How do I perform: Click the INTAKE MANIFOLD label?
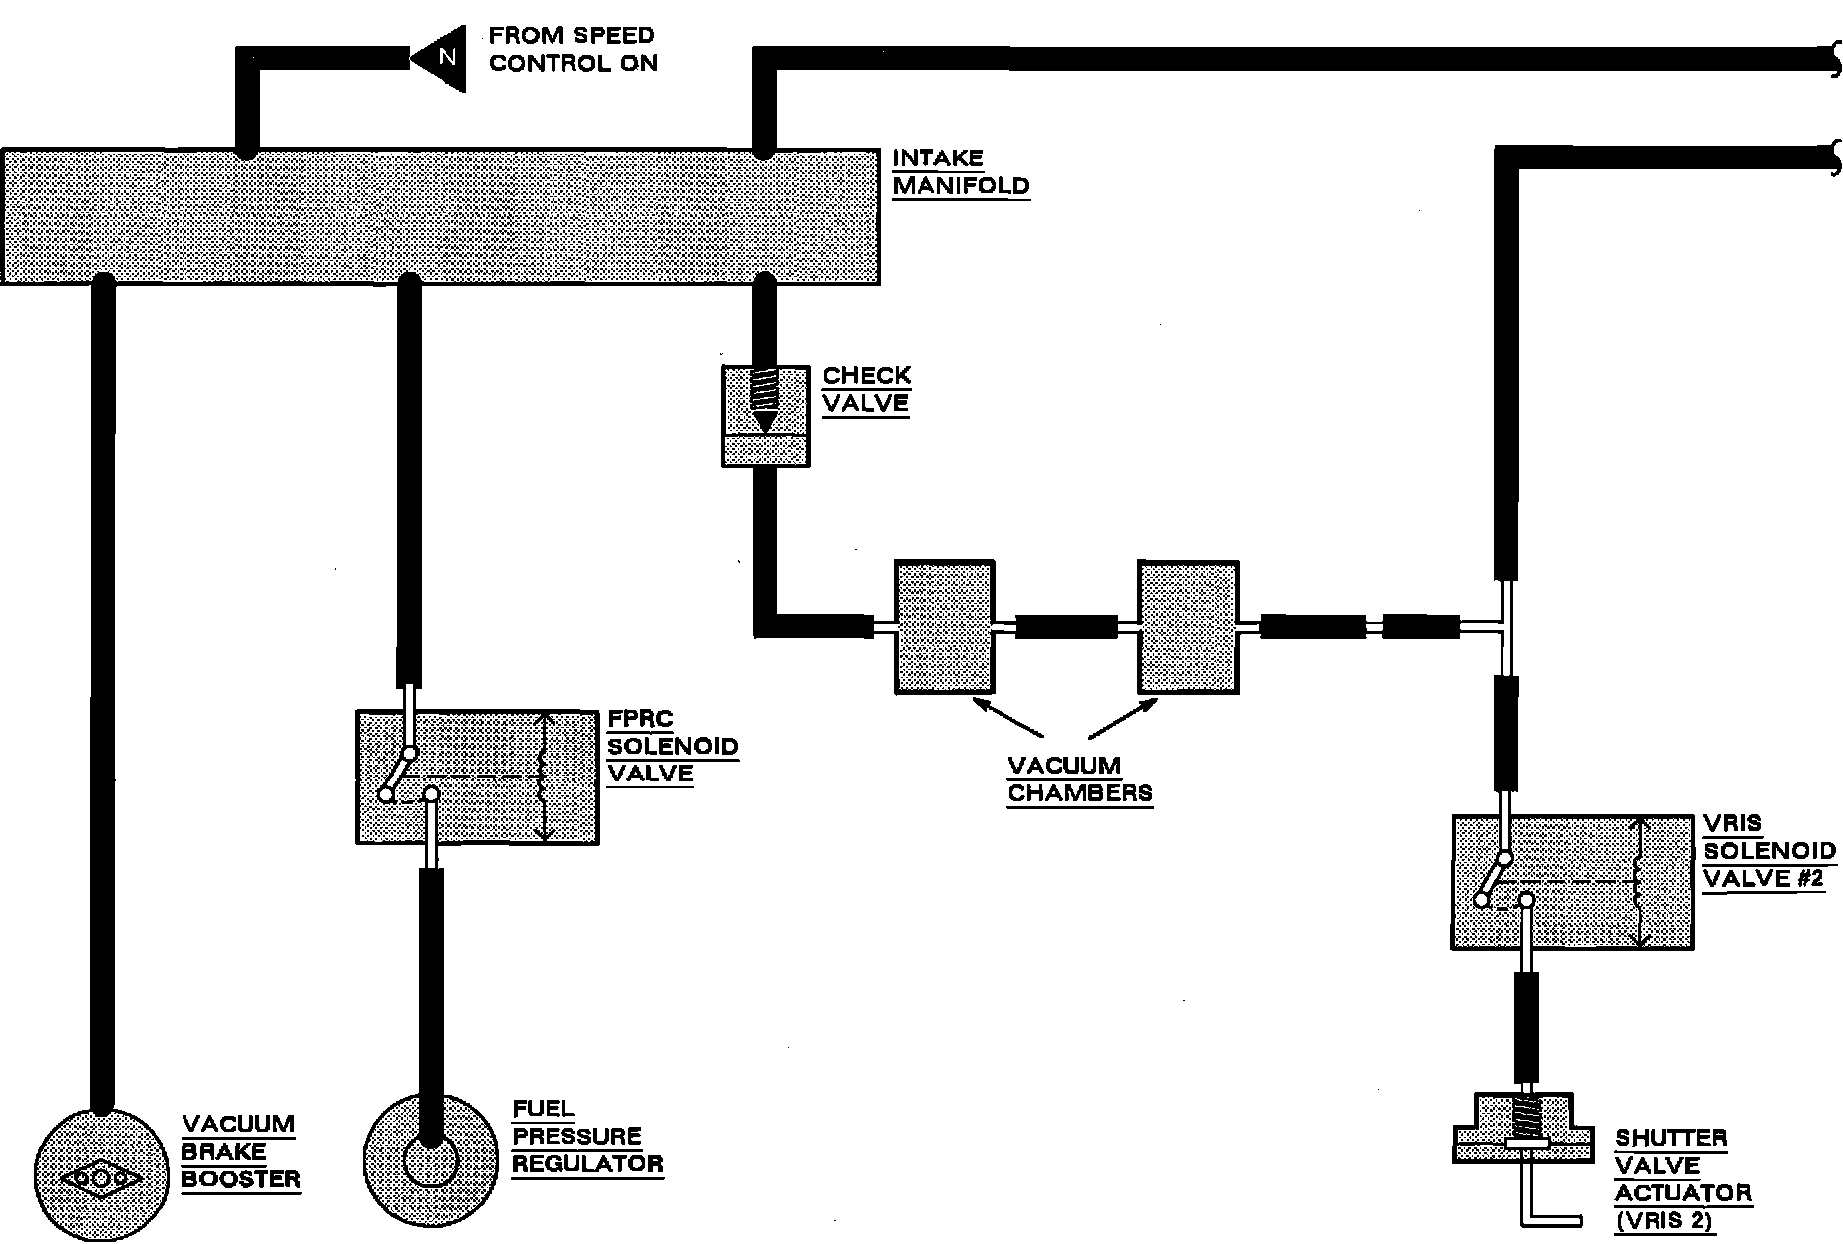[959, 172]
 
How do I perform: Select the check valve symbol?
[765, 416]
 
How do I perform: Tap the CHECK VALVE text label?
[866, 390]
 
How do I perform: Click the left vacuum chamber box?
[944, 627]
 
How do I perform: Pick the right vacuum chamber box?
[1189, 627]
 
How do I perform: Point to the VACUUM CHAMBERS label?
[1079, 779]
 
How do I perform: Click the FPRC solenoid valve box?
[478, 777]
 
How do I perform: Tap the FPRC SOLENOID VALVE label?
[672, 746]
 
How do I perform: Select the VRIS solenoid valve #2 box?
[1573, 882]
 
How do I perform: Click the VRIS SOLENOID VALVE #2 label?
[1768, 851]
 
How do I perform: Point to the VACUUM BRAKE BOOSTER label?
[240, 1152]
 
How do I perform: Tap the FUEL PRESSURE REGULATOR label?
[587, 1137]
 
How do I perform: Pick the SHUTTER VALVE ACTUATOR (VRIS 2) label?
[1682, 1180]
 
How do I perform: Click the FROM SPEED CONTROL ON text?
[572, 50]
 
